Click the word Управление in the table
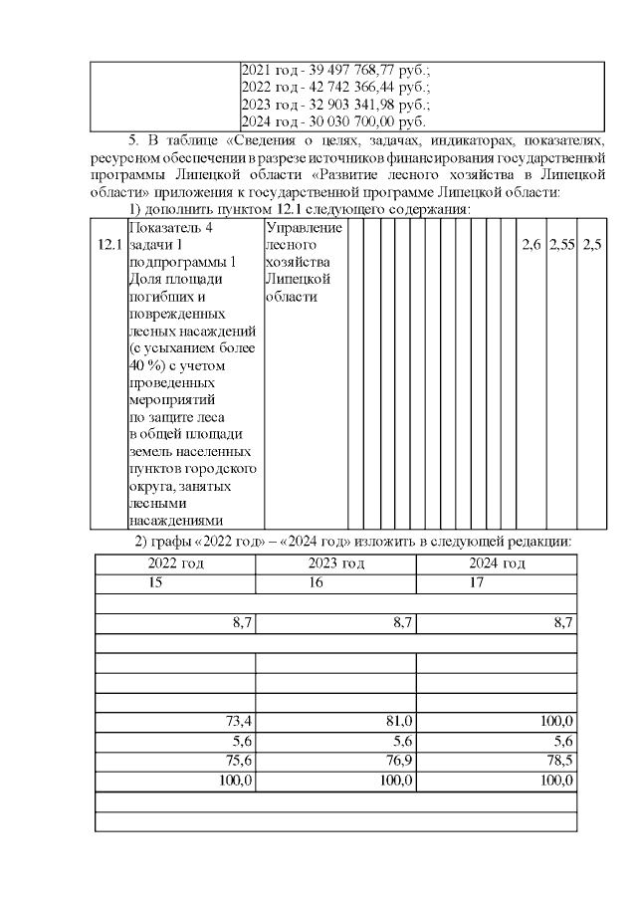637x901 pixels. [x=304, y=228]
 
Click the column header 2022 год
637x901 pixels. [x=175, y=564]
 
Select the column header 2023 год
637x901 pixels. [x=335, y=564]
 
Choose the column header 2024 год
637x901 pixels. [x=497, y=564]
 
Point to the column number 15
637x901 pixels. [x=155, y=582]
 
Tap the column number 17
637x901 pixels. [x=477, y=582]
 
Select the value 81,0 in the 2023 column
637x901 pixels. [x=399, y=721]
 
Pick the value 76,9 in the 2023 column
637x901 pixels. [x=399, y=763]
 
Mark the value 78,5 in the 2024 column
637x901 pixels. [x=559, y=763]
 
